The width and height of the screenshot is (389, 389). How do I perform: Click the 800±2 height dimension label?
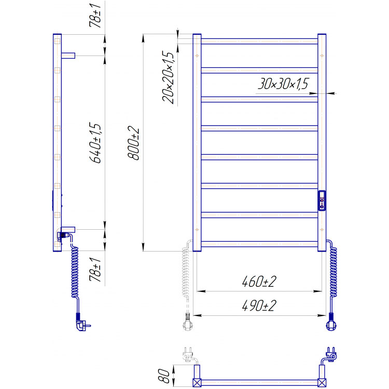(x=133, y=143)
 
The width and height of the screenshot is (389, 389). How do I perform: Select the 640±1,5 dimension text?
(x=95, y=143)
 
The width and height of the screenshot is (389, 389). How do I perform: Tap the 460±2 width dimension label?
(x=259, y=281)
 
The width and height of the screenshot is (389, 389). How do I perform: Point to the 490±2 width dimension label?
(x=259, y=305)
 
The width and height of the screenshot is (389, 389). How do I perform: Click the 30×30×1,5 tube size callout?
(x=283, y=84)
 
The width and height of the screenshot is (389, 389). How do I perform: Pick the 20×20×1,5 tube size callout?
(x=168, y=77)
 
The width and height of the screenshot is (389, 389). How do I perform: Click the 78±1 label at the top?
(x=95, y=16)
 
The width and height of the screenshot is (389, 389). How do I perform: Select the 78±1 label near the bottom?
(x=95, y=269)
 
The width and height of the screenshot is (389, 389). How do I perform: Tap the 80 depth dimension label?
(x=164, y=376)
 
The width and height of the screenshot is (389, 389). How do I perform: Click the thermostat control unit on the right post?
(x=322, y=200)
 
